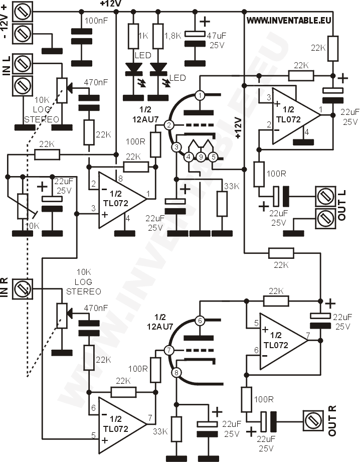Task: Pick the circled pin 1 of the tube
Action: tap(200, 95)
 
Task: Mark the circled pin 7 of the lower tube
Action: tap(169, 350)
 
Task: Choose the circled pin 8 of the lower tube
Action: tap(176, 372)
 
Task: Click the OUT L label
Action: tap(342, 208)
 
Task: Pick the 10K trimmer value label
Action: tap(32, 226)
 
